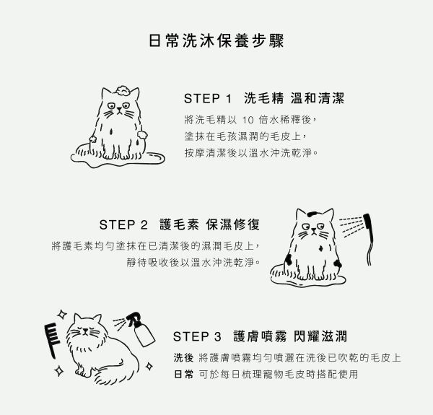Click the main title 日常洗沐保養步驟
tap(216, 41)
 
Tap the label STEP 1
tap(208, 99)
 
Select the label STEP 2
tap(123, 224)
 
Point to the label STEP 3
tap(197, 336)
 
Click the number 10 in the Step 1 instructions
tap(248, 120)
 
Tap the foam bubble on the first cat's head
tap(123, 90)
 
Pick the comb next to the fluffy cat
tap(52, 341)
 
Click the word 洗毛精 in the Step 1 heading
tap(263, 98)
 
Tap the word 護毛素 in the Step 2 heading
tap(179, 224)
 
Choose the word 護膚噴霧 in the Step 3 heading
tap(260, 336)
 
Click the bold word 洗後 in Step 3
tap(183, 358)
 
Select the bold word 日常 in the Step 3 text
tap(183, 375)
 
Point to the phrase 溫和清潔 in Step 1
tap(318, 98)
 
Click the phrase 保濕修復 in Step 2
tap(233, 224)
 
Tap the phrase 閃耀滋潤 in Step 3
tap(320, 336)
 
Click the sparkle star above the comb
tap(62, 314)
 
